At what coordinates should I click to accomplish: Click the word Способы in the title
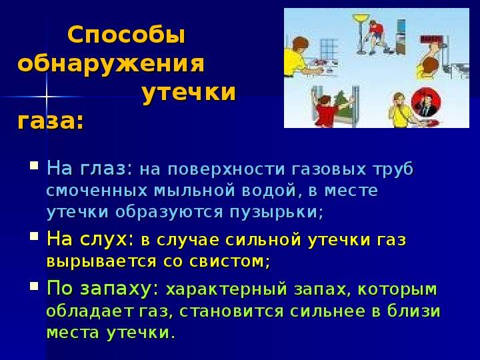click(126, 35)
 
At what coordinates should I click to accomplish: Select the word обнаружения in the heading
click(111, 64)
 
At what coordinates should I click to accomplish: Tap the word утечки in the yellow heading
click(189, 92)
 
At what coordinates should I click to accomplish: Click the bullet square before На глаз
click(34, 165)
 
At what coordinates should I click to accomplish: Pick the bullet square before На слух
click(34, 236)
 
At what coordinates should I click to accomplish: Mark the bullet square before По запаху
click(34, 286)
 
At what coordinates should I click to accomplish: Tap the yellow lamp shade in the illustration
click(361, 17)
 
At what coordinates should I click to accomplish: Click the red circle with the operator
click(426, 103)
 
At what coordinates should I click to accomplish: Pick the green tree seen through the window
click(343, 105)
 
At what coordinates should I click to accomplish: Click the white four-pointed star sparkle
click(47, 97)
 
